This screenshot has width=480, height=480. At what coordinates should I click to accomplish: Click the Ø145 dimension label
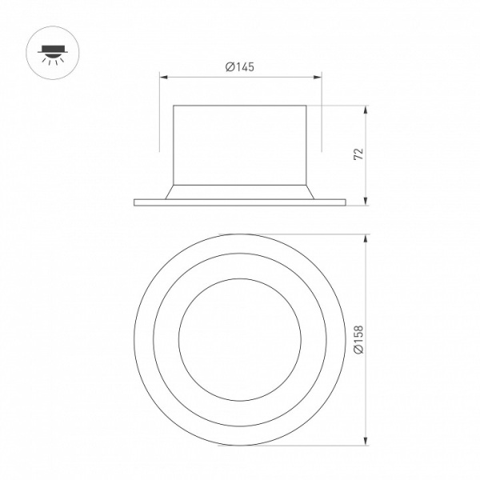click(x=240, y=67)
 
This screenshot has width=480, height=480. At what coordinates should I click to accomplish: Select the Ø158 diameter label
click(x=358, y=341)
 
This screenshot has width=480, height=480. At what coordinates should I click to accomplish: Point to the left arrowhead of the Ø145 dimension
click(x=163, y=78)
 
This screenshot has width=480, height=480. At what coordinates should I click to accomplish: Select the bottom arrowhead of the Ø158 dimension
click(x=366, y=442)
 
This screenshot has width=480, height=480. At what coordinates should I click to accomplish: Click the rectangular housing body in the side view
click(x=240, y=144)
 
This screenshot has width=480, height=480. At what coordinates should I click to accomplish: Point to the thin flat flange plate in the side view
click(x=240, y=201)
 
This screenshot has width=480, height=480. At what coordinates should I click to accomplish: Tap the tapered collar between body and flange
click(x=240, y=191)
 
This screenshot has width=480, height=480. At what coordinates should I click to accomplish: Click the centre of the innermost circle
click(x=240, y=340)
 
